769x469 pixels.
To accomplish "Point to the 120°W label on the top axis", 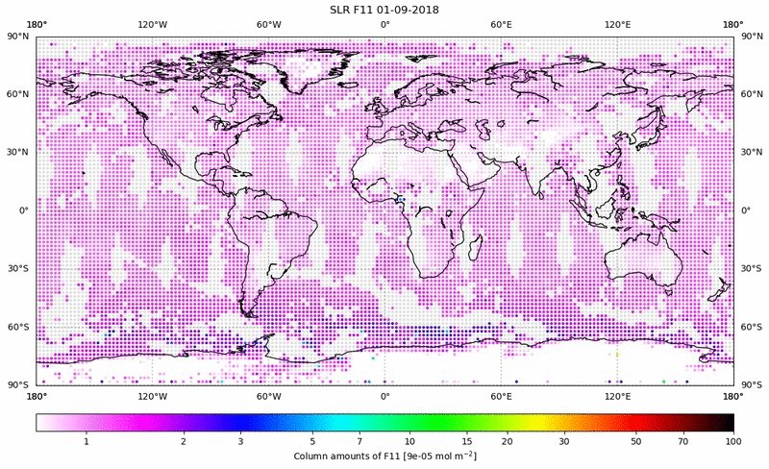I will [x=152, y=24].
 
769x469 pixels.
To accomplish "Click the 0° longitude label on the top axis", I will [x=384, y=24].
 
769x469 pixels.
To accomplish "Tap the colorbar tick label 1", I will [x=87, y=441].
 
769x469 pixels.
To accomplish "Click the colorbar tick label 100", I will [x=733, y=441].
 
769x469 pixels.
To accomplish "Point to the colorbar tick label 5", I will [x=313, y=441].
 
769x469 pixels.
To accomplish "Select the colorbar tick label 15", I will [x=465, y=441].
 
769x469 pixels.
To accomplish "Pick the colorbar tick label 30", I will [x=565, y=441].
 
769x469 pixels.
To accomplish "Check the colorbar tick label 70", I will [x=683, y=441].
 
